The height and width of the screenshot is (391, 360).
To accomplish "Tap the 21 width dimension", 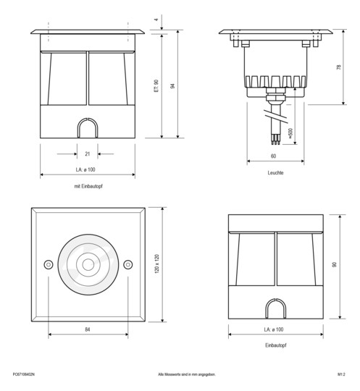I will [88, 154].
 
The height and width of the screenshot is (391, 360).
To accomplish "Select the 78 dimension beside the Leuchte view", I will [340, 67].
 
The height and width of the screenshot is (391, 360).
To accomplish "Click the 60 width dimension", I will [273, 156].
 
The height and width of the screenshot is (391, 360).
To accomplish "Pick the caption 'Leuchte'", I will [275, 174].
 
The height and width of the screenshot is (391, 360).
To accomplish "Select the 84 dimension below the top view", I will [88, 329].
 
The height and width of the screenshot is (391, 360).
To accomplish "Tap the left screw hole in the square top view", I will [49, 264].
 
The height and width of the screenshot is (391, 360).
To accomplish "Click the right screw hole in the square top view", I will [127, 264].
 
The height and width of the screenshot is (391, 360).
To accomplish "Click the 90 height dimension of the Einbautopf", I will [334, 265].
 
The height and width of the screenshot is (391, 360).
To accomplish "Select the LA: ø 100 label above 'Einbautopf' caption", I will [273, 330].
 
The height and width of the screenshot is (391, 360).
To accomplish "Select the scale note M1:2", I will [340, 374].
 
